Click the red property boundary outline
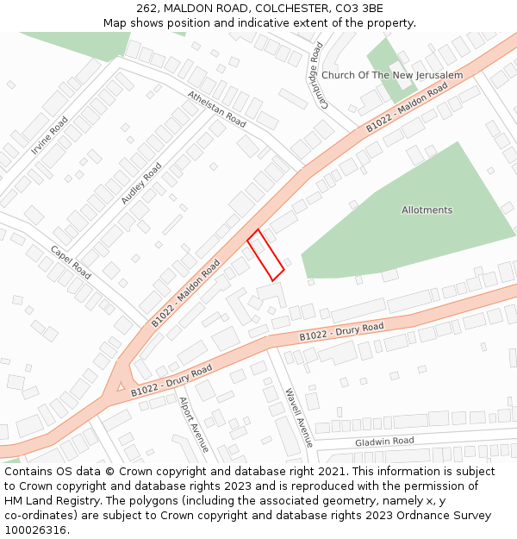266,255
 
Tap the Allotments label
427,210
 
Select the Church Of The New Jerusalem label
392,76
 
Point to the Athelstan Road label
216,110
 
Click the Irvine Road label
49,135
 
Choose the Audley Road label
140,183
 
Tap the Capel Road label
71,262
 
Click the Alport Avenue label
193,424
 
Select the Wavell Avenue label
299,417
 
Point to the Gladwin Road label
384,442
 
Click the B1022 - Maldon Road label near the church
407,108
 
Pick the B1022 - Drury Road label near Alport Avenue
171,381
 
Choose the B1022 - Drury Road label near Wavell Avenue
341,332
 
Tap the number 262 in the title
146,8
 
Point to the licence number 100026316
34,530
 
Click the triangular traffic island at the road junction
121,386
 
